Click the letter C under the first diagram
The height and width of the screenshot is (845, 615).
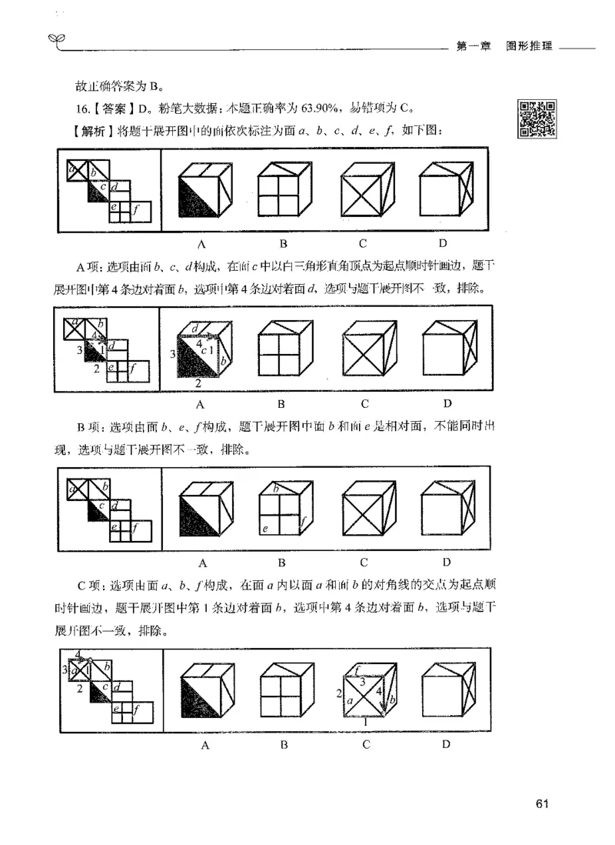362,245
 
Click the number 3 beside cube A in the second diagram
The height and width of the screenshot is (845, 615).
172,355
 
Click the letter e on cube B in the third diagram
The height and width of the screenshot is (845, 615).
264,529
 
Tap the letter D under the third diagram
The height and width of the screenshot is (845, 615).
445,563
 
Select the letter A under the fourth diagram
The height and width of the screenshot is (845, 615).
205,746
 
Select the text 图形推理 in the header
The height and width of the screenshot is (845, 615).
530,45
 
